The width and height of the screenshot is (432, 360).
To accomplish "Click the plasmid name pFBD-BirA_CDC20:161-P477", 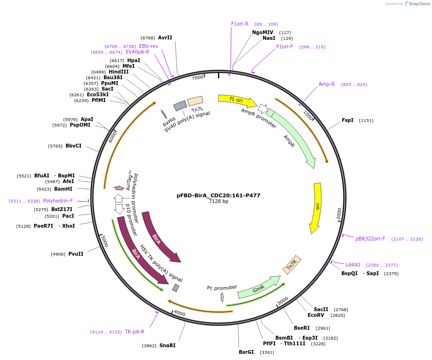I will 218,195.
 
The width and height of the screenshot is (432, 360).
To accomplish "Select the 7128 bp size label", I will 218,202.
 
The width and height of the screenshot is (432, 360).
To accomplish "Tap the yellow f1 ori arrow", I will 236,100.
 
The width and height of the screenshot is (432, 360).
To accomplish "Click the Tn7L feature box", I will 195,101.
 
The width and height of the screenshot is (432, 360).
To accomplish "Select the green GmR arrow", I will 259,288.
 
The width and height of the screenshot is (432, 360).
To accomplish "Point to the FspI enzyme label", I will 347,120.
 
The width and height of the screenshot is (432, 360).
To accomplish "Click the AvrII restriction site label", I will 165,37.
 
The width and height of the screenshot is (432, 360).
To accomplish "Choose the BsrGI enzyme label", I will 246,352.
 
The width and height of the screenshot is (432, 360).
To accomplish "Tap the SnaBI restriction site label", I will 167,345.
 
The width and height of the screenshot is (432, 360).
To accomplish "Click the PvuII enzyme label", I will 75,254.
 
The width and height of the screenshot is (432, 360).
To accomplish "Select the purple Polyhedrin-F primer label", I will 58,201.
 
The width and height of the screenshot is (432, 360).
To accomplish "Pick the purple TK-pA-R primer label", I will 134,332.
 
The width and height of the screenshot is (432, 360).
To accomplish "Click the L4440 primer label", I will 353,265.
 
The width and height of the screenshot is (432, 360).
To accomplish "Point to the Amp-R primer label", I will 327,84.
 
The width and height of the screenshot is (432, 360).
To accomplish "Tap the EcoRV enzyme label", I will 316,315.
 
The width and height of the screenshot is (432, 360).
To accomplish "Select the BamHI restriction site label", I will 63,189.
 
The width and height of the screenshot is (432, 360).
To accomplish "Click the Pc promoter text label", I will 222,287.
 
